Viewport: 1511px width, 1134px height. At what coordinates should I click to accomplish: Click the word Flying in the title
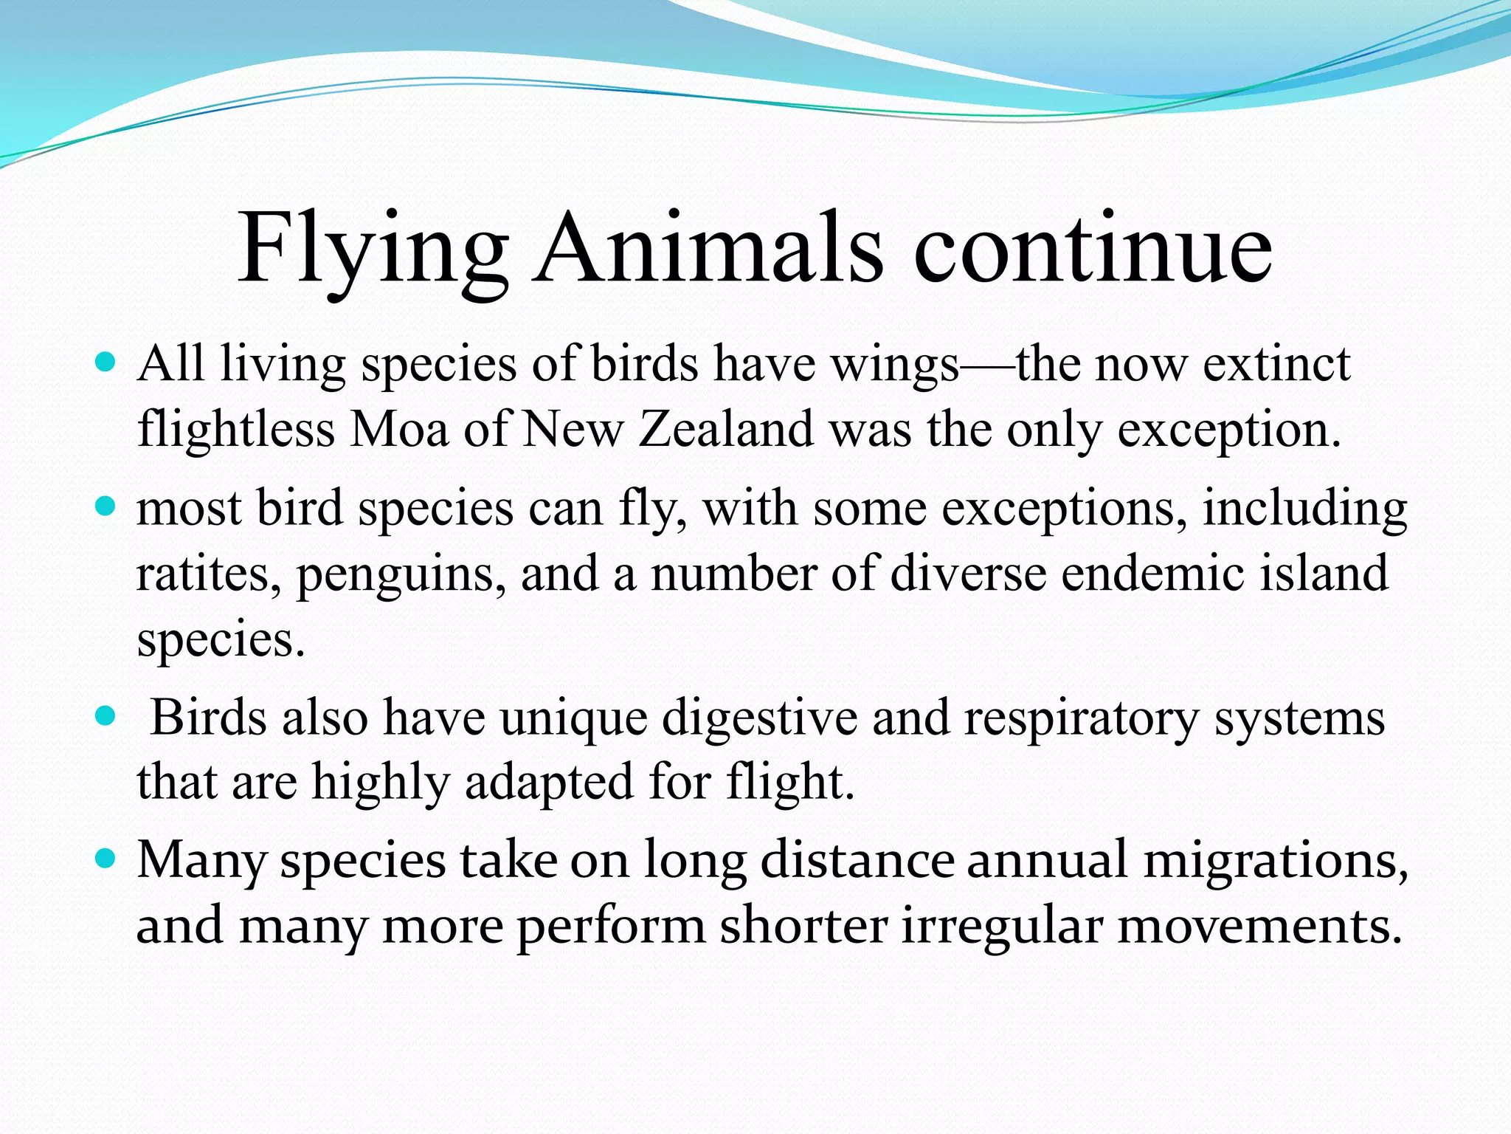pos(373,250)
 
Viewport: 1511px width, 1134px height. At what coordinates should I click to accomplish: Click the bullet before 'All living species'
pos(106,362)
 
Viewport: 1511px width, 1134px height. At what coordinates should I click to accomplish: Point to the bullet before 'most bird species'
pos(106,506)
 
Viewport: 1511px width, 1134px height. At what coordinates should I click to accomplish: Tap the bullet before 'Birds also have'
pos(106,715)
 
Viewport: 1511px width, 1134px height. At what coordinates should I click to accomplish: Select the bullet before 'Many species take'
pos(106,859)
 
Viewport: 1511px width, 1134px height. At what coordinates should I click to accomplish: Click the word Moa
pos(399,429)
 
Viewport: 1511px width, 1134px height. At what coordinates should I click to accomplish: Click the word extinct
pos(1276,364)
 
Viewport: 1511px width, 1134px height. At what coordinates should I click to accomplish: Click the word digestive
pos(759,718)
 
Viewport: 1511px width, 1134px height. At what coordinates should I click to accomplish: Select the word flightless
pos(236,429)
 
